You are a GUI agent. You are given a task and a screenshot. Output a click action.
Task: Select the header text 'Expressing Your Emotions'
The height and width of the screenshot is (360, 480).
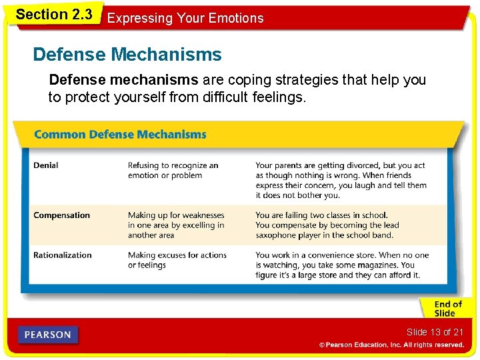(x=185, y=18)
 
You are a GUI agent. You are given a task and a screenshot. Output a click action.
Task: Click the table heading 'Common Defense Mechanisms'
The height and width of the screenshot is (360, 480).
(x=120, y=135)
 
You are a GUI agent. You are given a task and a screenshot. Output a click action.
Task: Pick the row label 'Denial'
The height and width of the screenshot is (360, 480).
(x=46, y=165)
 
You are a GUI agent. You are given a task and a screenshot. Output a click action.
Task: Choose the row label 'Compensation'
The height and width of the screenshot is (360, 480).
(x=61, y=215)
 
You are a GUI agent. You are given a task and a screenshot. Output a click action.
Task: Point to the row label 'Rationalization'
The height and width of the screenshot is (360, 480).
(x=63, y=255)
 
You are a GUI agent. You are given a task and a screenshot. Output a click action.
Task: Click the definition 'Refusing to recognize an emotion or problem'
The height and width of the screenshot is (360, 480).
(x=173, y=171)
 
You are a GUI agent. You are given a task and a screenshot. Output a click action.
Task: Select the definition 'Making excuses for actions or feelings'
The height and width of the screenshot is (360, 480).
(x=177, y=260)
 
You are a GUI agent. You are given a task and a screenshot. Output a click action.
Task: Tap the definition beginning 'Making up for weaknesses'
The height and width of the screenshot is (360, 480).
(x=176, y=225)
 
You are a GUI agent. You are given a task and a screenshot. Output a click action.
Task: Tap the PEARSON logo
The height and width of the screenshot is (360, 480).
(x=49, y=335)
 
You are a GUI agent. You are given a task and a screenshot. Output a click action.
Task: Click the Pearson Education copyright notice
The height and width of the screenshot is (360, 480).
(x=391, y=345)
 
